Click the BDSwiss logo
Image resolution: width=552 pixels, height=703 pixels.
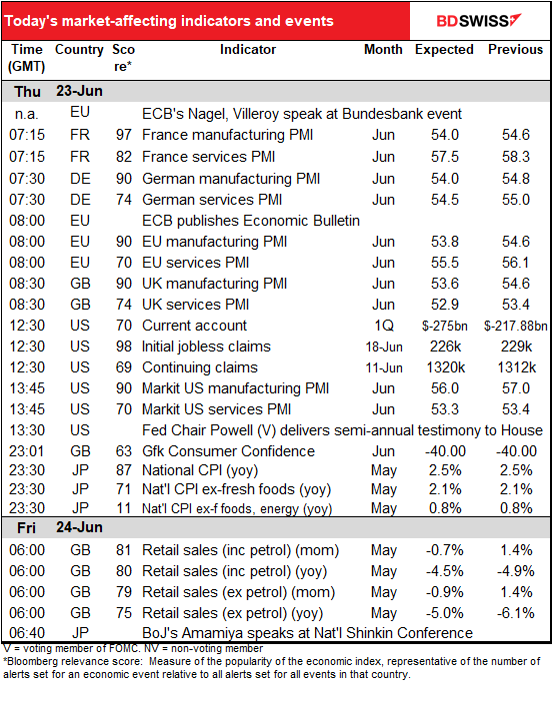479,21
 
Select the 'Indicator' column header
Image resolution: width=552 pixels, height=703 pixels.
248,49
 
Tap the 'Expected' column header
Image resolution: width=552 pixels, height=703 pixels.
444,49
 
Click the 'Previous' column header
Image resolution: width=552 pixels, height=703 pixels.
516,49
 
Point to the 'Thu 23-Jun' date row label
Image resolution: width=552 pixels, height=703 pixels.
58,92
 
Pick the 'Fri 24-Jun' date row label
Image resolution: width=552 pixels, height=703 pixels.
59,527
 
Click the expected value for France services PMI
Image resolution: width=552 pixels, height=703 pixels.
445,157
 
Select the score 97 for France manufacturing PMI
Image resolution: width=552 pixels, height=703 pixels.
124,135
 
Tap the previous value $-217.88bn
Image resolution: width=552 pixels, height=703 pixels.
516,326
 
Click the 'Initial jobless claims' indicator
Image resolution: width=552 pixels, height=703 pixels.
206,347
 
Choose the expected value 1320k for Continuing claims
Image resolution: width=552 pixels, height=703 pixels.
446,367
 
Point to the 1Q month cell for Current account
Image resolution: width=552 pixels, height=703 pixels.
384,326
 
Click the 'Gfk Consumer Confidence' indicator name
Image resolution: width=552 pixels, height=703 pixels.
228,451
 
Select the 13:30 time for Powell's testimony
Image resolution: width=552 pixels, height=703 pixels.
27,430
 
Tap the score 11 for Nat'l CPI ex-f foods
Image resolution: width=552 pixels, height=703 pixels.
124,508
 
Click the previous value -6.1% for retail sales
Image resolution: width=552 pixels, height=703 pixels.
516,613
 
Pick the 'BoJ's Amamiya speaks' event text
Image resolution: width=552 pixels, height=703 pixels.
307,633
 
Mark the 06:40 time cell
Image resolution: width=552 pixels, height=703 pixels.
27,633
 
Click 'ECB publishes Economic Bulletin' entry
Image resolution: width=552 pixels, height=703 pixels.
251,221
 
